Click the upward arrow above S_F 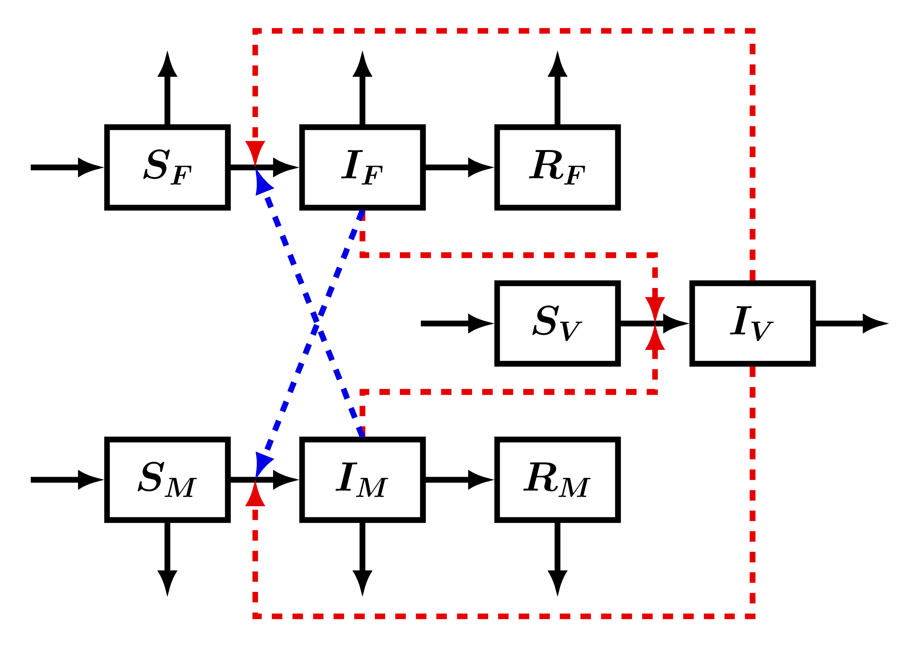coord(167,88)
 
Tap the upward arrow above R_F coord(558,88)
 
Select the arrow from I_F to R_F coord(460,167)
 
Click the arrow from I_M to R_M coord(460,480)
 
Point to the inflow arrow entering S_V coord(458,323)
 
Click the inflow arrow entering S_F coord(68,167)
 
